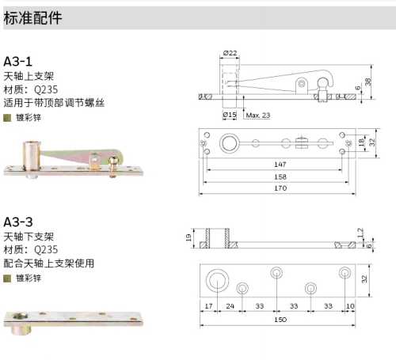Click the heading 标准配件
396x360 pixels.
32,18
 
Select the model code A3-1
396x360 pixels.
17,62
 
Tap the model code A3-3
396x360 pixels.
18,222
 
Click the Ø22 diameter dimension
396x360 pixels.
230,53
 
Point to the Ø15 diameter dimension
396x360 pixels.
230,115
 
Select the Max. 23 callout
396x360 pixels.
258,116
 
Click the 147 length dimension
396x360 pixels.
280,165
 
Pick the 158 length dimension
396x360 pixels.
280,176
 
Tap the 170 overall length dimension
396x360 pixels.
280,188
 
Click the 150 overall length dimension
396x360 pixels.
280,320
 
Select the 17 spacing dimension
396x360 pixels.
208,306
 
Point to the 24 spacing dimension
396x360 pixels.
230,306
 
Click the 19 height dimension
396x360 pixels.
188,238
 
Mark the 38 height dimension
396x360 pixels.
368,81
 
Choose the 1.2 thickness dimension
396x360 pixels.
360,233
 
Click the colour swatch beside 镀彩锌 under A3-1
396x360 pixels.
7,118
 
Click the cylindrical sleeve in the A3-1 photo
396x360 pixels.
32,157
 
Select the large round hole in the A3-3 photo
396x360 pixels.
19,316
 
